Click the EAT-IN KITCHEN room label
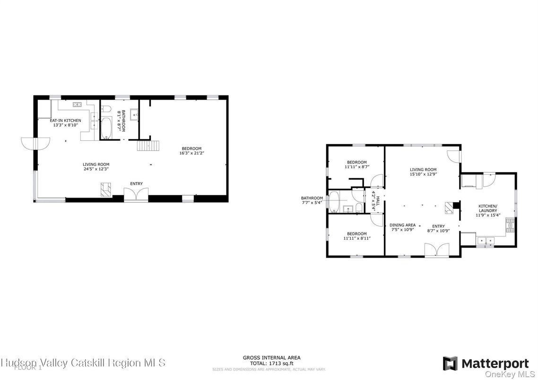(x=66, y=121)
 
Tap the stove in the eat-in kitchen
(x=77, y=104)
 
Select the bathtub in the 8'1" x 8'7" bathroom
(x=106, y=128)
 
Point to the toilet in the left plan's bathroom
(x=106, y=108)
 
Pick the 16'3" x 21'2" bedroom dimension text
(x=191, y=153)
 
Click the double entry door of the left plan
(x=136, y=195)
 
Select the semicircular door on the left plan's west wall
(x=35, y=143)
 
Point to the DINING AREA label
(x=402, y=225)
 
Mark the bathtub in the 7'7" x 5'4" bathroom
(x=334, y=202)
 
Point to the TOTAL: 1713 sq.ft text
(x=271, y=363)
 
